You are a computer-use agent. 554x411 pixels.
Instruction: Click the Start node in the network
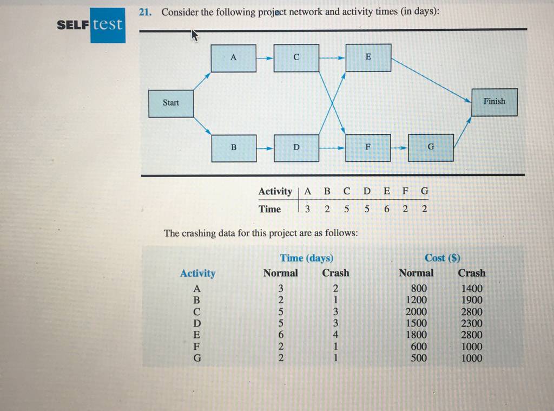coord(171,103)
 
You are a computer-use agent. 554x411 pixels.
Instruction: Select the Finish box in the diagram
coord(494,102)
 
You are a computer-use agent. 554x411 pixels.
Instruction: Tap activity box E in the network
coord(368,57)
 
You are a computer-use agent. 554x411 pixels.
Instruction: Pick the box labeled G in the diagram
coord(431,147)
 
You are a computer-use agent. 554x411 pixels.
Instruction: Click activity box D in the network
coord(296,148)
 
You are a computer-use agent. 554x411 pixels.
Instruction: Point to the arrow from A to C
coord(265,58)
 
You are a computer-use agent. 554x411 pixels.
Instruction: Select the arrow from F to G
coord(399,148)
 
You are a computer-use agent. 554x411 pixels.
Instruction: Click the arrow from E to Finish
coord(431,81)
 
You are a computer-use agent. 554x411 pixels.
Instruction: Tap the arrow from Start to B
coord(202,126)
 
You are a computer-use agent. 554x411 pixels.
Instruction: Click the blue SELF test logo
coord(91,25)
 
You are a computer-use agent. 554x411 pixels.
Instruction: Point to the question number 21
coord(145,12)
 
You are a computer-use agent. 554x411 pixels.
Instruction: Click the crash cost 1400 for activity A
coord(472,288)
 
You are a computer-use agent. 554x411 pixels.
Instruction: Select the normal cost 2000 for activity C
coord(416,311)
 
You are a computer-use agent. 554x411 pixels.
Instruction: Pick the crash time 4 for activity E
coord(335,334)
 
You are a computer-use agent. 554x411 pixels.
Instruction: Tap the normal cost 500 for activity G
coord(419,358)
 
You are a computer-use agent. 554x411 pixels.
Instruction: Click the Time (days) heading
coord(307,258)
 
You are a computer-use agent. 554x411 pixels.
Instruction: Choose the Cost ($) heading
coord(443,258)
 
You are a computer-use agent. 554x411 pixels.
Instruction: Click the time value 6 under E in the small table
coord(386,209)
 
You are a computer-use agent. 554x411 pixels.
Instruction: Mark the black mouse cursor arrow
coord(195,35)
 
